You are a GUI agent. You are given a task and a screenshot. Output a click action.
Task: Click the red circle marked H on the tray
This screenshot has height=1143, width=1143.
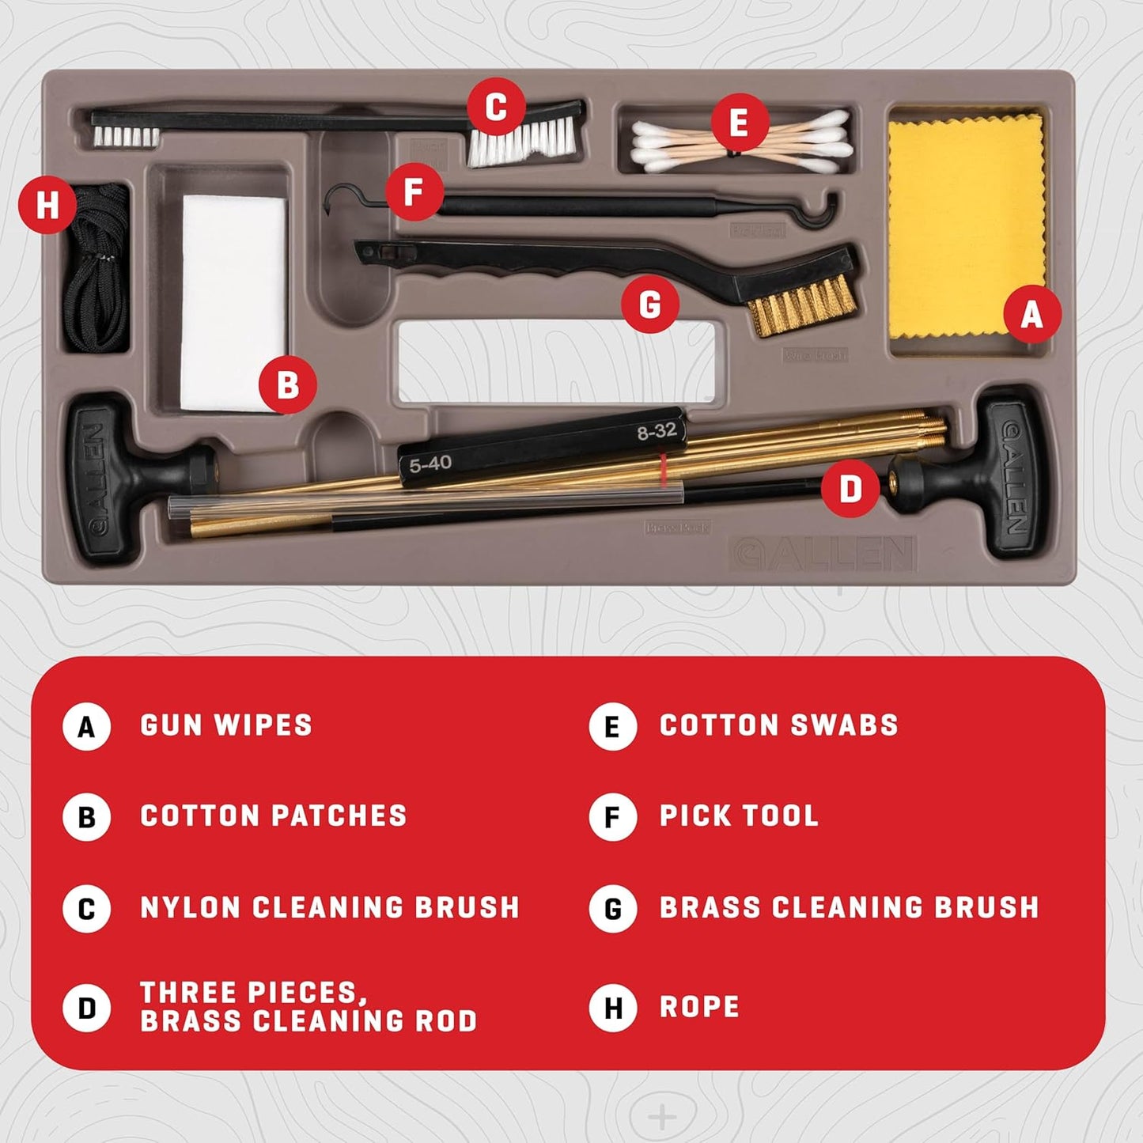[47, 204]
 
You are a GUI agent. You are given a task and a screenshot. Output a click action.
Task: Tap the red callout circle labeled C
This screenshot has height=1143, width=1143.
[496, 108]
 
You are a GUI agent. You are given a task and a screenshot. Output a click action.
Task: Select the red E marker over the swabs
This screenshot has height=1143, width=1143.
[739, 123]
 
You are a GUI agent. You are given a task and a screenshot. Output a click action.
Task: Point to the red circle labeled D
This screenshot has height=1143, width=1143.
[850, 488]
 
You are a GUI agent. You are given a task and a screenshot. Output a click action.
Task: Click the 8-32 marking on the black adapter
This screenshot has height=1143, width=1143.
[657, 431]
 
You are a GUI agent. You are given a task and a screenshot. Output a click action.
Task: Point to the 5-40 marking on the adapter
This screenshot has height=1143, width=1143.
[430, 464]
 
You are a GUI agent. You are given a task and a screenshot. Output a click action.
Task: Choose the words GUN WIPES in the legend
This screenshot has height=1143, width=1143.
[226, 725]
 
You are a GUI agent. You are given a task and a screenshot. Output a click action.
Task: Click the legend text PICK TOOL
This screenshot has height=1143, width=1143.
[739, 816]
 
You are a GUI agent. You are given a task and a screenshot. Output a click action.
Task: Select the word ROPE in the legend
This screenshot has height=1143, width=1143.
[699, 1007]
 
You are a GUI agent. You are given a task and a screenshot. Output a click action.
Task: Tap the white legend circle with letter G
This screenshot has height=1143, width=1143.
[612, 909]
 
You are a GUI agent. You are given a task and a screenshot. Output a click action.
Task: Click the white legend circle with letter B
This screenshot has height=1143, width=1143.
[86, 817]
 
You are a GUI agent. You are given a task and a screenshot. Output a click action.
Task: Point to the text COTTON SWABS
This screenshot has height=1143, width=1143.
[778, 725]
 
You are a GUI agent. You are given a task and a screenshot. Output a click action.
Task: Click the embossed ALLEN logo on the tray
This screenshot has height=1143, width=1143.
[823, 553]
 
